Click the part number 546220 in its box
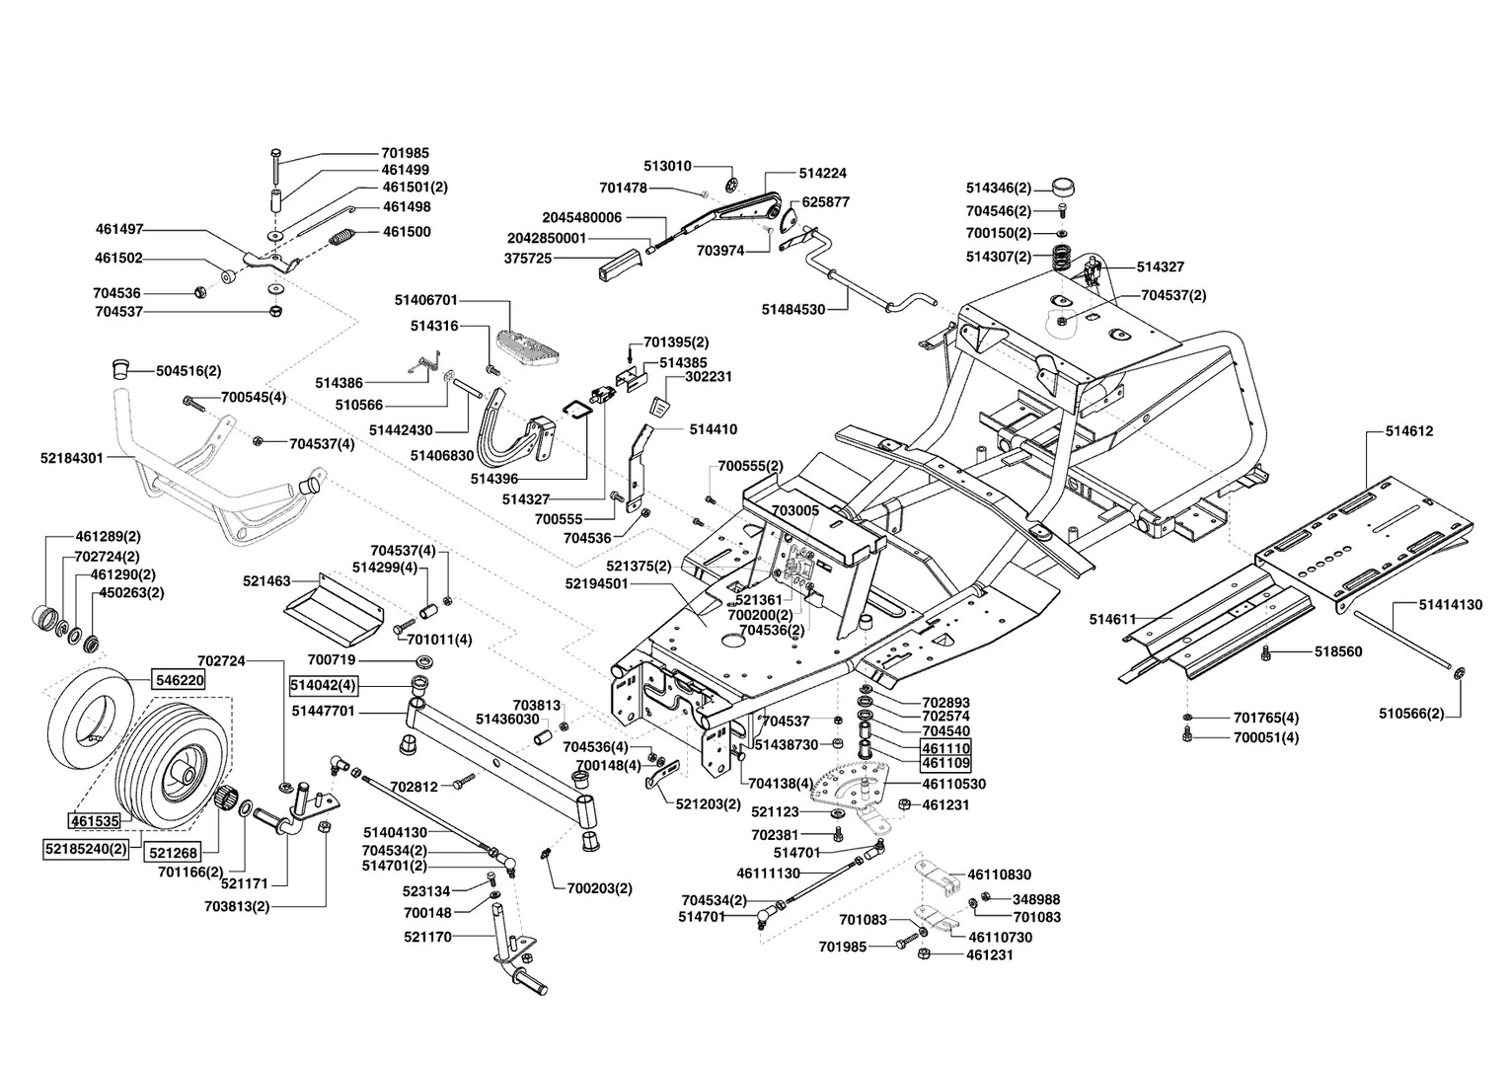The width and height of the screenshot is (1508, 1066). (x=178, y=680)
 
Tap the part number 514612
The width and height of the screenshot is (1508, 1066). (x=1409, y=431)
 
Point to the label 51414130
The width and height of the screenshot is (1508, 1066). (x=1451, y=605)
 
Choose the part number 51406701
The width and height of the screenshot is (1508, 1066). (x=425, y=299)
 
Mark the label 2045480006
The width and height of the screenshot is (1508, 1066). (x=582, y=217)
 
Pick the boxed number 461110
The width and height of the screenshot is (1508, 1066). (x=946, y=747)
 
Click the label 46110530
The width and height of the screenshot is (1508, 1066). (x=953, y=784)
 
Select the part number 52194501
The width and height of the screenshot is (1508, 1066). (x=597, y=584)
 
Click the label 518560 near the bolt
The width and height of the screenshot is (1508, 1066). (x=1338, y=651)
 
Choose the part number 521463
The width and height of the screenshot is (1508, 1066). (x=266, y=582)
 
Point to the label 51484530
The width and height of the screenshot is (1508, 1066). (x=793, y=309)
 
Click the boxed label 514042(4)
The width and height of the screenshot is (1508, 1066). (x=323, y=684)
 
